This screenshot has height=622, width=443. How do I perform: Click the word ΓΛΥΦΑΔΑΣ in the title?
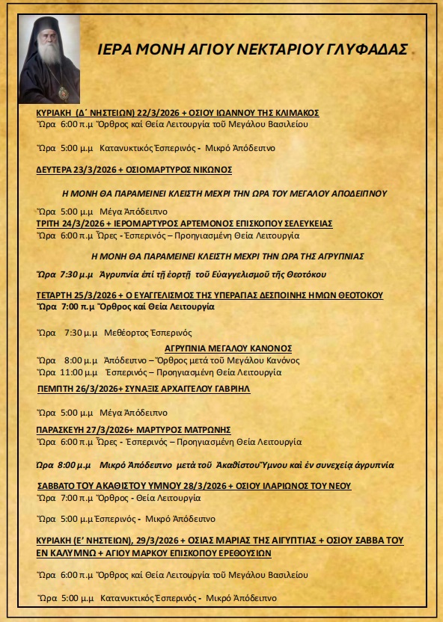(369, 51)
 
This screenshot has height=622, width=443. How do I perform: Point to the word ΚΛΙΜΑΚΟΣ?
(292, 113)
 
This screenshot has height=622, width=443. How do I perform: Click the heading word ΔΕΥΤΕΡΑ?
(55, 170)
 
